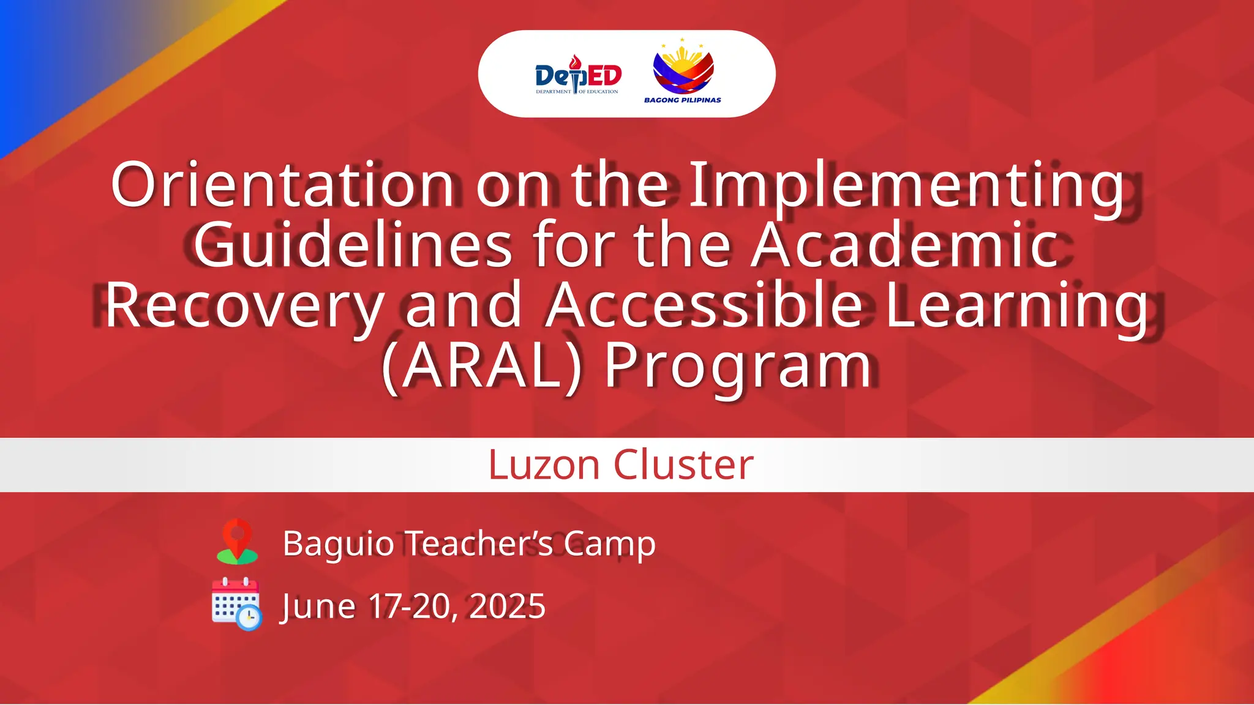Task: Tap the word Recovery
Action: pos(244,305)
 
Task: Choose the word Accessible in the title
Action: pos(704,304)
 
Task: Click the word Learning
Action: pos(1016,305)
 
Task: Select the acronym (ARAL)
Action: pos(481,365)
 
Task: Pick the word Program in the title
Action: pos(738,367)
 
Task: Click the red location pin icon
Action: pos(238,541)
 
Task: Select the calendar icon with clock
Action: pos(236,604)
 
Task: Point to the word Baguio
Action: pos(338,543)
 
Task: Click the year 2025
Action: pos(507,606)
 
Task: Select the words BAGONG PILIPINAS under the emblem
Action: pos(682,100)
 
